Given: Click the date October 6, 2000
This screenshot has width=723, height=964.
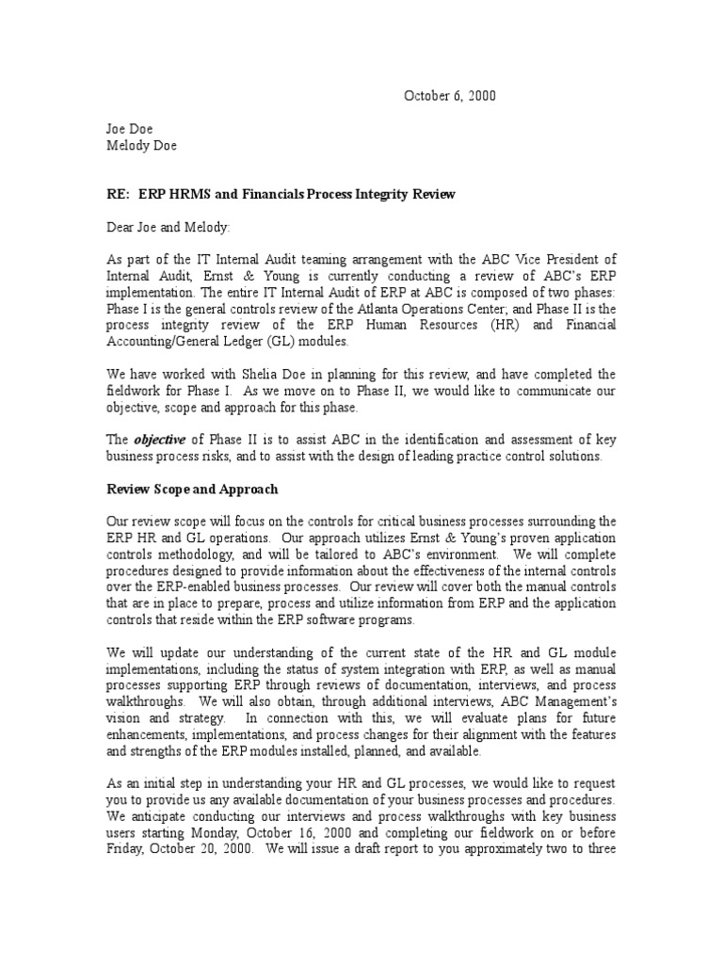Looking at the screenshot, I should pyautogui.click(x=450, y=96).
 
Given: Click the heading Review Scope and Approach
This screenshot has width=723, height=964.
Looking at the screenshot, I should pyautogui.click(x=192, y=489).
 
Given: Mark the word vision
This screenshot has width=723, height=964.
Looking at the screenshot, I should pyautogui.click(x=124, y=718).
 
